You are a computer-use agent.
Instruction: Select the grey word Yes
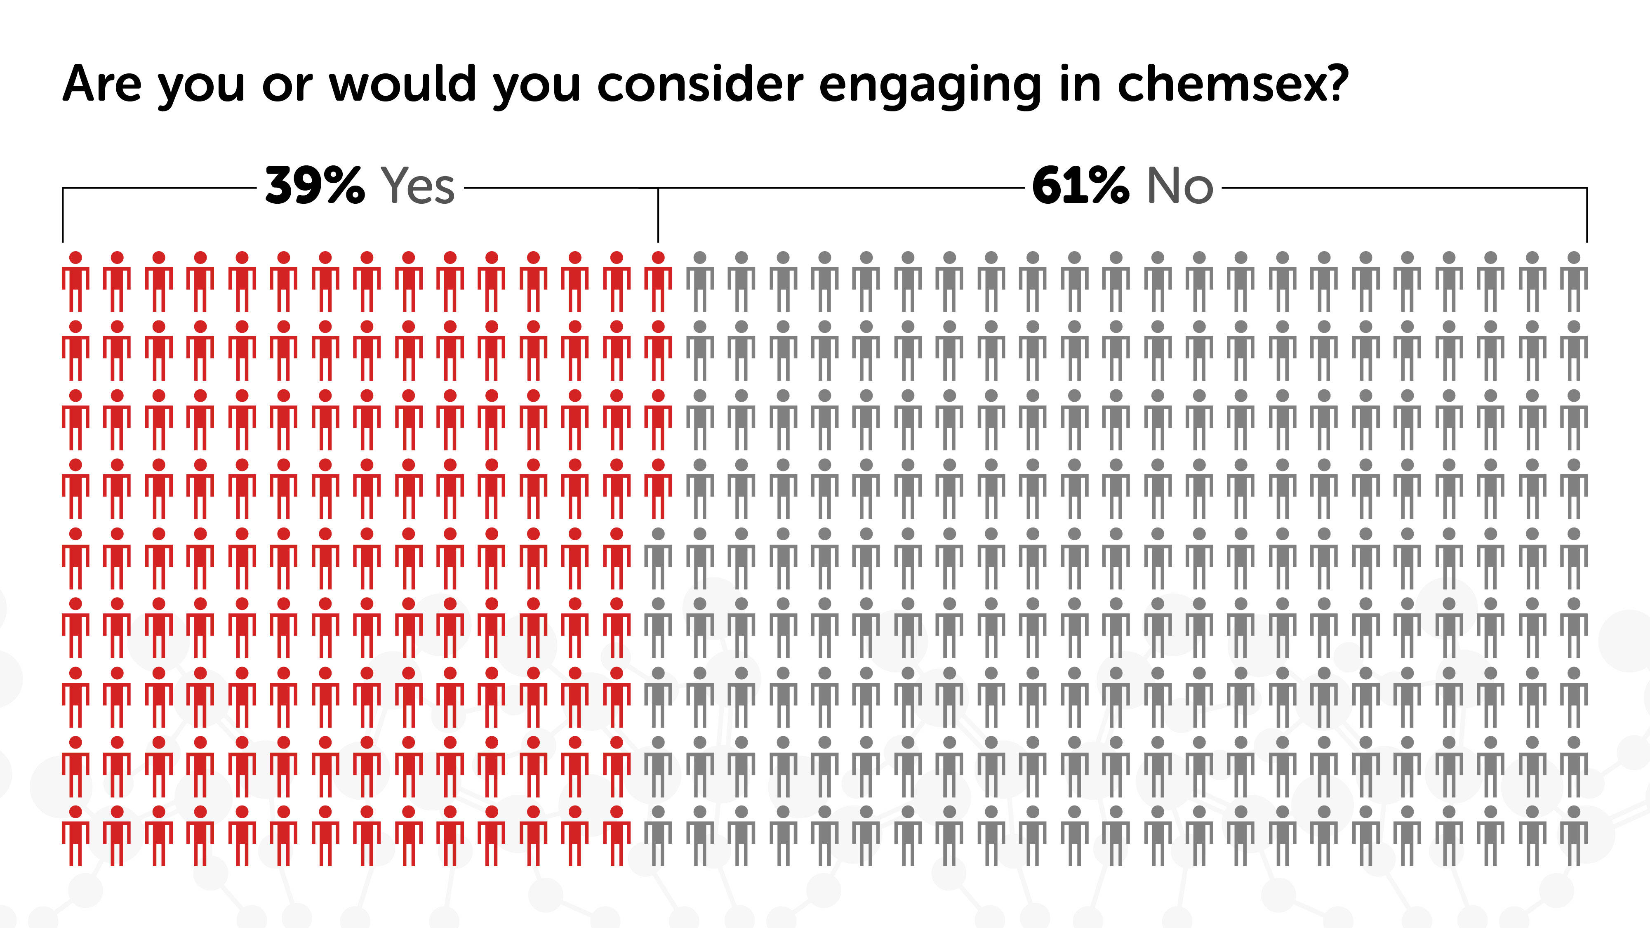[x=418, y=186]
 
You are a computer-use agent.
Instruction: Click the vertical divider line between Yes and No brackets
[x=658, y=214]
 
